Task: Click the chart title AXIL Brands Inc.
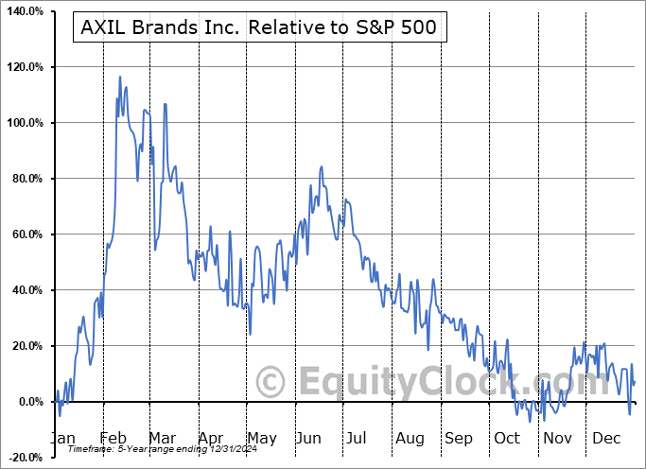pyautogui.click(x=254, y=27)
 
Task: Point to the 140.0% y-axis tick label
pyautogui.click(x=25, y=12)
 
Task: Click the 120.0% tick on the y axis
pyautogui.click(x=25, y=68)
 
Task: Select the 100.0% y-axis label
pyautogui.click(x=25, y=124)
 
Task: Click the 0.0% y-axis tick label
pyautogui.click(x=29, y=403)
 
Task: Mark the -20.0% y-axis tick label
pyautogui.click(x=25, y=459)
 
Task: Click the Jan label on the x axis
pyautogui.click(x=61, y=439)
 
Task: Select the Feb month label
pyautogui.click(x=114, y=439)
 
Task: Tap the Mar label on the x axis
pyautogui.click(x=163, y=439)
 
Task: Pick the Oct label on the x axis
pyautogui.click(x=507, y=439)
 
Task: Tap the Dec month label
pyautogui.click(x=605, y=439)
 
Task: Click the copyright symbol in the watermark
pyautogui.click(x=271, y=383)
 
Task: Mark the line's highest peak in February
pyautogui.click(x=119, y=77)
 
